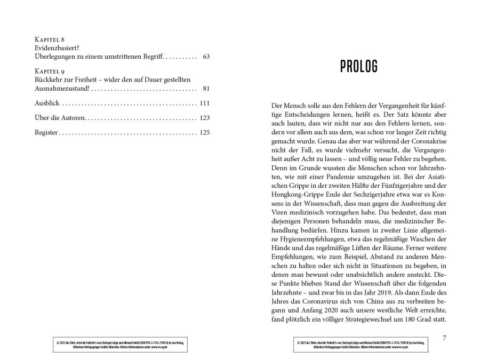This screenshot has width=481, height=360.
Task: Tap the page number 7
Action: click(x=445, y=338)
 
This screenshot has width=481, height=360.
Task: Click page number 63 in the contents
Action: click(x=206, y=56)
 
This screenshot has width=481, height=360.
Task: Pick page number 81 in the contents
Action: click(x=206, y=88)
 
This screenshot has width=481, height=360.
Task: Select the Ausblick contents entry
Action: click(x=47, y=103)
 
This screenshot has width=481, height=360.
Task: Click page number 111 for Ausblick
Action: click(x=205, y=103)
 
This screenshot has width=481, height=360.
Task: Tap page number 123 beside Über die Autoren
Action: click(x=205, y=118)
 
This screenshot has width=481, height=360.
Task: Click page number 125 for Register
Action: click(x=205, y=133)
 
